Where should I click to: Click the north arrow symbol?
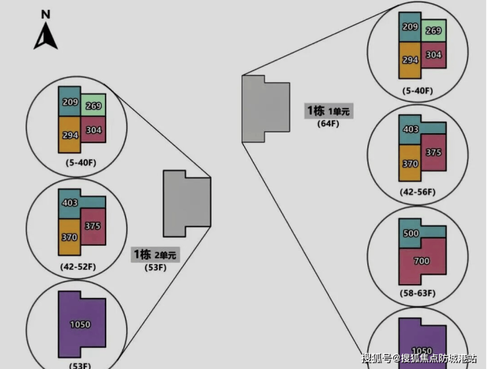46,36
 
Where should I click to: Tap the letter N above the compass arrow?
46,14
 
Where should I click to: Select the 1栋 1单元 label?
328,111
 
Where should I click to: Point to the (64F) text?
328,124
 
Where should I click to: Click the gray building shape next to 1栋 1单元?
264,108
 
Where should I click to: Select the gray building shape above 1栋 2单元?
187,203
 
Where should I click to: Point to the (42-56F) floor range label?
417,192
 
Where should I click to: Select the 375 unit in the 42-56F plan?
433,153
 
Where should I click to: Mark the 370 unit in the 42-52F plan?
69,237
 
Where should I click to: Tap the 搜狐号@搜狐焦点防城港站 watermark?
419,358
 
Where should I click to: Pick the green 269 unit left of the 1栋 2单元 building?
94,105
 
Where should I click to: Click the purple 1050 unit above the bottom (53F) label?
81,324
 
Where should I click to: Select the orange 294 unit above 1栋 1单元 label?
410,60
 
